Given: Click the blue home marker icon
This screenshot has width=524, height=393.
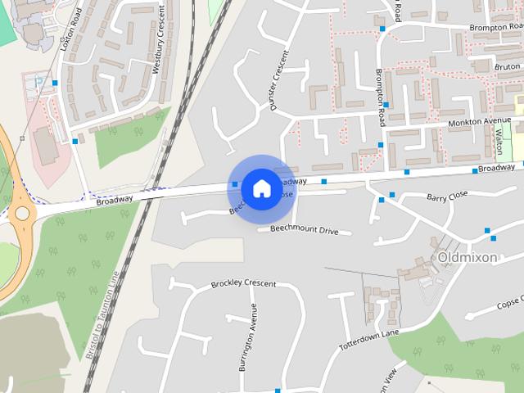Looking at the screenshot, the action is coord(261,188).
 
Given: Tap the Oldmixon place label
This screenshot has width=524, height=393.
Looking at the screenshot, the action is coord(468,257).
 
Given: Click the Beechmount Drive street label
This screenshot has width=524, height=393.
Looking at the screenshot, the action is coord(304,231).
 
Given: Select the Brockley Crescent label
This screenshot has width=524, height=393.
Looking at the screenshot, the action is coord(243,284).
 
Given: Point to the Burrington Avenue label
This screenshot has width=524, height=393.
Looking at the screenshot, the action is coord(246,337).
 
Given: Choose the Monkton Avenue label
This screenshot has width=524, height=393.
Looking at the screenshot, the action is coord(479,123).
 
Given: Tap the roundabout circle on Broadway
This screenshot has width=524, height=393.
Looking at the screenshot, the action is coord(21,215).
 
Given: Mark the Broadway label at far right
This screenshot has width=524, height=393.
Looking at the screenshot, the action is coord(497,167).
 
